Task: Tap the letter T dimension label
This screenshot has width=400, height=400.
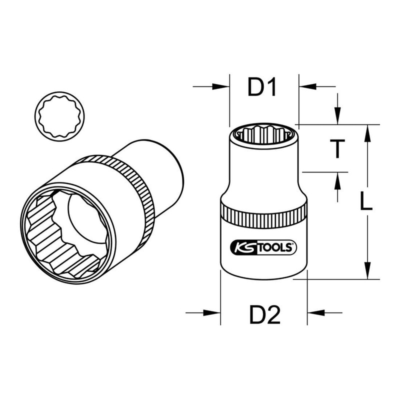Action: point(338,148)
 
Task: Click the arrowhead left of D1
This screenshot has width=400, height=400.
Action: point(222,87)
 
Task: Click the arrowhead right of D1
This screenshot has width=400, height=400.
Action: point(304,87)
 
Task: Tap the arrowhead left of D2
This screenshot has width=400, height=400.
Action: point(214,313)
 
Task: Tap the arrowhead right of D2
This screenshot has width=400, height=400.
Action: point(313,313)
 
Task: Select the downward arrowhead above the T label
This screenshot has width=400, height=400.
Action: point(338,118)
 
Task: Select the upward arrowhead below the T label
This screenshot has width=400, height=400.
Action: point(338,178)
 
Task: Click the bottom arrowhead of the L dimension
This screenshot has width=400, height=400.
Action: point(367,272)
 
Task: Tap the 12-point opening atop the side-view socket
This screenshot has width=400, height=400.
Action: point(263,132)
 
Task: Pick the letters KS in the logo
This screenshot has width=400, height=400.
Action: point(242,246)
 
